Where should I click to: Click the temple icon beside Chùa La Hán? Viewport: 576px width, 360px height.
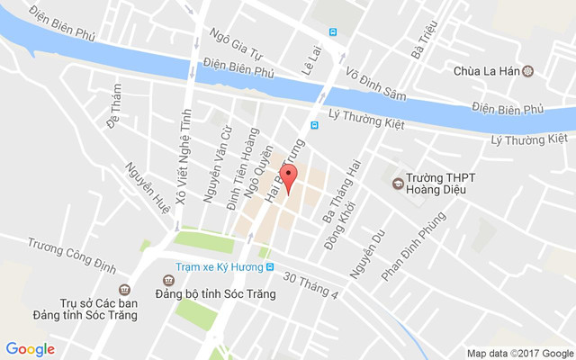[x=527, y=70]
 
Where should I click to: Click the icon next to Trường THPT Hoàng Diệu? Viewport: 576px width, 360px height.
[x=397, y=184]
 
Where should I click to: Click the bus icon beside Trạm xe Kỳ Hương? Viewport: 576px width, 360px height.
[x=268, y=267]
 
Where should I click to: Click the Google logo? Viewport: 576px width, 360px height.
[x=31, y=349]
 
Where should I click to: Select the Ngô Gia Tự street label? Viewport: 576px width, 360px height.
[x=235, y=42]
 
